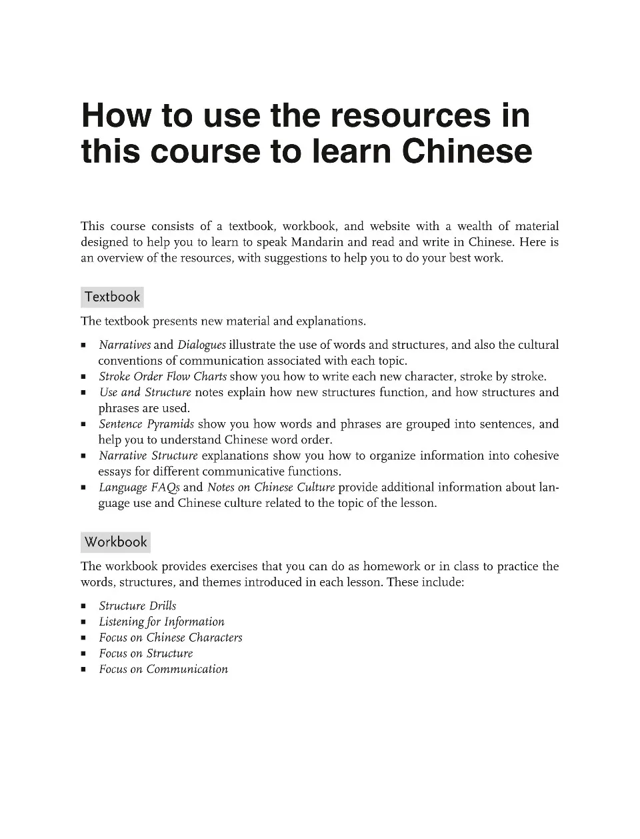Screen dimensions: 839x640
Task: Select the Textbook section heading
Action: tap(112, 297)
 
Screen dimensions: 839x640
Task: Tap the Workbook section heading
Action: tap(115, 542)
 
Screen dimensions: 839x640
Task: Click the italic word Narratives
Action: tap(125, 345)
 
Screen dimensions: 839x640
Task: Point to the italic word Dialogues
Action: tap(201, 345)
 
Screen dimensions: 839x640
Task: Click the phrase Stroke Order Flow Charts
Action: tap(163, 376)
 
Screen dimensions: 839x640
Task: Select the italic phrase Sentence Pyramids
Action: tap(146, 424)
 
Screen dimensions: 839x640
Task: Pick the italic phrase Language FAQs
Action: tap(139, 488)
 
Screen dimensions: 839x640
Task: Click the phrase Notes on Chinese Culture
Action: tap(271, 488)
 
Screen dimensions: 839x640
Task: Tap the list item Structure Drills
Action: tap(137, 606)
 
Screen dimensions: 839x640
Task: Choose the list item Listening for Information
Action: tap(161, 622)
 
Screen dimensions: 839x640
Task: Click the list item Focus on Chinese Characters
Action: tap(170, 638)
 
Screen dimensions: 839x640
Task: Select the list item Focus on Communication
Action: tap(163, 669)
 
